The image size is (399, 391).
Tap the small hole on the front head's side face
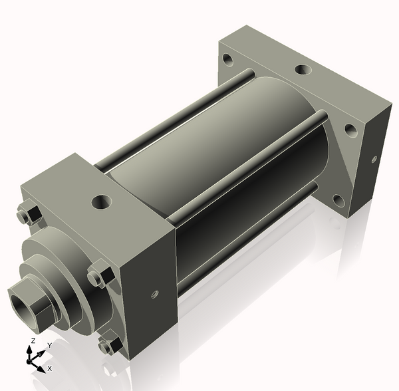tap(154, 293)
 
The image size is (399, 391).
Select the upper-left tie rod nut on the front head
tap(27, 217)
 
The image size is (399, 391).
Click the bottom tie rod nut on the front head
tap(108, 345)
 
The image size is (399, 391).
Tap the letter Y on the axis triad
tap(49, 346)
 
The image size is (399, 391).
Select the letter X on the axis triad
tap(50, 368)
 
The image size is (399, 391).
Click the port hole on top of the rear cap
tap(301, 69)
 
